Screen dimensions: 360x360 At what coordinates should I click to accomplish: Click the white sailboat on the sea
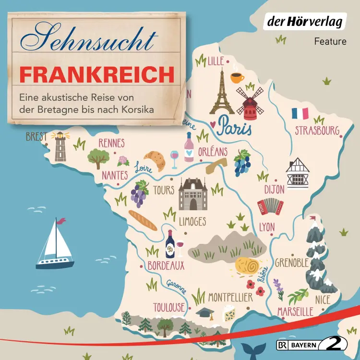55,245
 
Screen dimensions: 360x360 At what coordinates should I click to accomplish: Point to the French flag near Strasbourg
300,114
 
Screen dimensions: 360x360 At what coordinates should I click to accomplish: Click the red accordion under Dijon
270,207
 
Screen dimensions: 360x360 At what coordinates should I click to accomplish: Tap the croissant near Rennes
155,160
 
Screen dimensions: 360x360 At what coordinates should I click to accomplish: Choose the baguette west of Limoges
143,220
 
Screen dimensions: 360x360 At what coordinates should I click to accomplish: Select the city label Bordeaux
166,264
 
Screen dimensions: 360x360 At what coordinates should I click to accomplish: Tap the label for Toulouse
168,307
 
